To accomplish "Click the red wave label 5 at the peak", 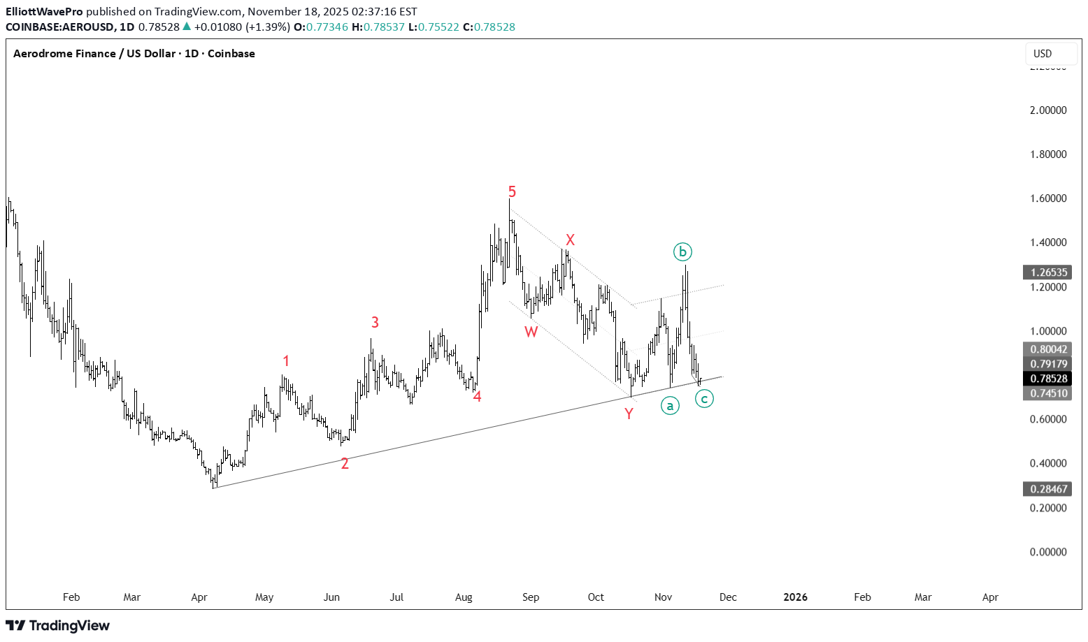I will click(512, 191).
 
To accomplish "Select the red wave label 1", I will click(286, 361).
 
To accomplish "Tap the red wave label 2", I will click(345, 463).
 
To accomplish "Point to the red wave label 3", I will click(375, 322).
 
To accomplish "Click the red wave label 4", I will click(477, 397).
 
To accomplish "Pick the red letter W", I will click(531, 332).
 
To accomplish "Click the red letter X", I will click(570, 240).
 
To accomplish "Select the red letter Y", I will click(629, 414).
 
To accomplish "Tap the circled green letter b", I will click(682, 251).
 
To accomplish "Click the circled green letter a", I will click(670, 406).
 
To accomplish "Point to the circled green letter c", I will click(704, 399).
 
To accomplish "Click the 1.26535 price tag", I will click(1048, 272).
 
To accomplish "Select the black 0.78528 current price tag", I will click(1048, 379).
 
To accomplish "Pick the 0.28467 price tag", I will click(1048, 489).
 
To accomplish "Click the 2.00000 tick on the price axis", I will click(1048, 110).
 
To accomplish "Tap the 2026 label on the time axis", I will click(795, 597).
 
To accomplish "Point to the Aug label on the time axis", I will click(464, 597).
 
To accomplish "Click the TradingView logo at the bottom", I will click(58, 625).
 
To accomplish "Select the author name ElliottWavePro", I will click(44, 12).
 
